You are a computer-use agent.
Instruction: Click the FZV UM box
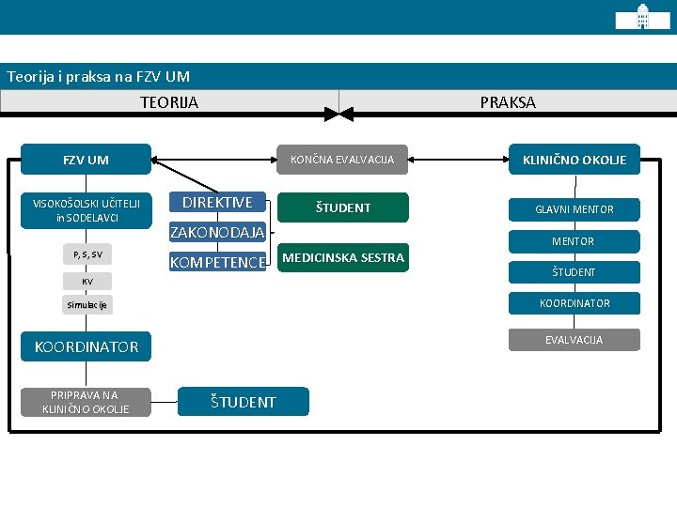pos(86,160)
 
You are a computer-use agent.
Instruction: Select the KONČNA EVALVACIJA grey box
pos(342,160)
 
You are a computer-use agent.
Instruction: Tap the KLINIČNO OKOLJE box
pos(575,160)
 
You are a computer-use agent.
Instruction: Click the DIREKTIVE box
pos(217,202)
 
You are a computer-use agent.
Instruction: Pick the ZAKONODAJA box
pos(217,233)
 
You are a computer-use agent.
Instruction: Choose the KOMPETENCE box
pos(217,262)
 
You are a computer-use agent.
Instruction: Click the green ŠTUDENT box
pos(343,207)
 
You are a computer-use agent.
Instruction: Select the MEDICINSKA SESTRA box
pos(343,257)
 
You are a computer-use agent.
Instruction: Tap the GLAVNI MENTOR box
pos(575,209)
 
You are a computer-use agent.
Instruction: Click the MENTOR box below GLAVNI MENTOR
pos(575,241)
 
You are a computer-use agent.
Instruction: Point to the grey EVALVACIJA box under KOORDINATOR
pos(575,340)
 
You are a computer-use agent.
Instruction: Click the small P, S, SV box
pos(87,254)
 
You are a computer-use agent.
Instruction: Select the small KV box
pos(87,282)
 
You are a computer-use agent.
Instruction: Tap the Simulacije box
pos(87,305)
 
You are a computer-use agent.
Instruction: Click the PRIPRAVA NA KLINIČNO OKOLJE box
pos(86,402)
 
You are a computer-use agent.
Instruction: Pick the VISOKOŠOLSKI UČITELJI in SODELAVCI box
pos(87,210)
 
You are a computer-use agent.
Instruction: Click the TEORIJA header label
pos(169,102)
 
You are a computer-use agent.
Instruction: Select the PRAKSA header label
pos(508,102)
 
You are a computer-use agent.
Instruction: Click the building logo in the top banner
pos(642,17)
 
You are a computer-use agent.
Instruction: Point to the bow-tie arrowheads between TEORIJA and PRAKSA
pos(338,115)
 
